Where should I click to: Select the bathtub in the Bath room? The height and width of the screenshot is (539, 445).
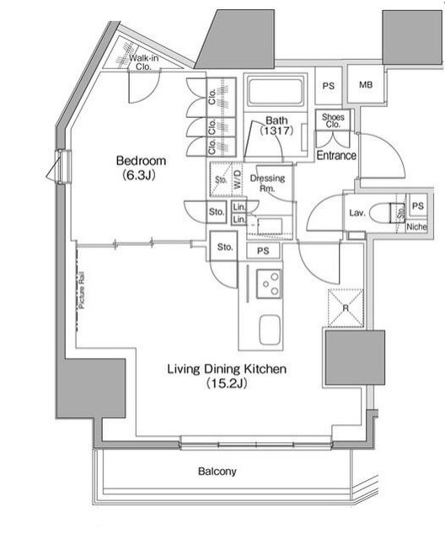click(276, 92)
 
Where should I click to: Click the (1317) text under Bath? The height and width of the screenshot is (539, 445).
click(276, 132)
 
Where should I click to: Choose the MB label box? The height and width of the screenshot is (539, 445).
click(366, 85)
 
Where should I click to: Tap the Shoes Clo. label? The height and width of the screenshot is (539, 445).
click(331, 121)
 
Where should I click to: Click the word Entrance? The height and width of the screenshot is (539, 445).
click(336, 156)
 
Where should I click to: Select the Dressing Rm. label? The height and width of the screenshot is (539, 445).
click(268, 184)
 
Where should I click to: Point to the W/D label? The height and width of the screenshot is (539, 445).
click(238, 179)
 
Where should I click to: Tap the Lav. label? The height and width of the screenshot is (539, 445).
click(357, 213)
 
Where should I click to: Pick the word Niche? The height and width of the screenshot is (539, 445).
click(416, 227)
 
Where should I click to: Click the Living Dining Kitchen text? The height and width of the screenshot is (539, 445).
click(227, 369)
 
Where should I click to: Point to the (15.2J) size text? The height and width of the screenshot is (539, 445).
click(227, 384)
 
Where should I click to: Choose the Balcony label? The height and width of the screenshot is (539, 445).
click(217, 472)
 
